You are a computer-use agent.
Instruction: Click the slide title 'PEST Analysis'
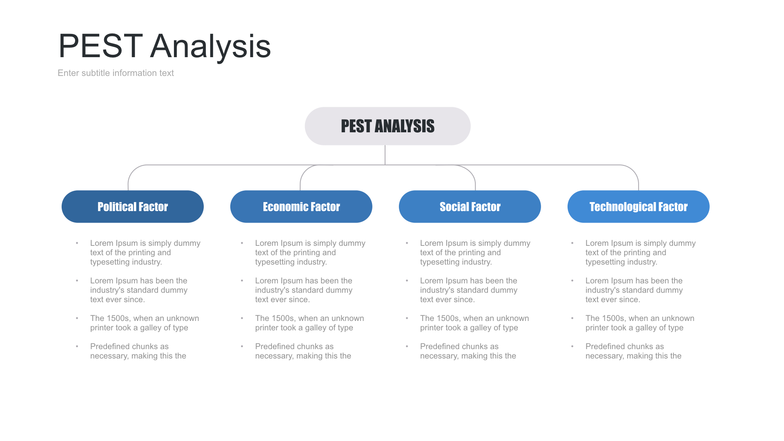pos(165,46)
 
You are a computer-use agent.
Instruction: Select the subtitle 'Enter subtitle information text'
pos(116,73)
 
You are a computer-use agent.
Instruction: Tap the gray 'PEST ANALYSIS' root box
pos(388,126)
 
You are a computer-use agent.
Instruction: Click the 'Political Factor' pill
pos(133,207)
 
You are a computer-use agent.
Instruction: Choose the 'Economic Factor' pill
pos(301,207)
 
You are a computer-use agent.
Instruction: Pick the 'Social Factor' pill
pos(470,207)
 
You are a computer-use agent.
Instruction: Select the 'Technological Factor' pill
pos(639,207)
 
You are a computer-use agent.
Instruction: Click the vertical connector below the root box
pos(385,155)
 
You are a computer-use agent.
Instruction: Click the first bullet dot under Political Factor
pos(77,243)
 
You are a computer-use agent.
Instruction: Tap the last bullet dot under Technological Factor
pos(572,346)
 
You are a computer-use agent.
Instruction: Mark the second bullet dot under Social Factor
pos(407,281)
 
